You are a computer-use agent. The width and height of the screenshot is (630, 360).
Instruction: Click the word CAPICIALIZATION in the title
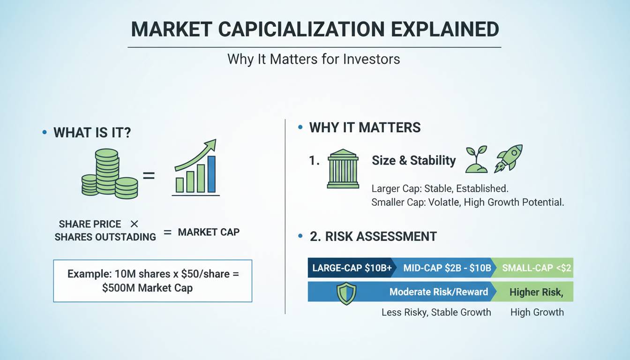301,29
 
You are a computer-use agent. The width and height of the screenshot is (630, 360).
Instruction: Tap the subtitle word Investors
372,59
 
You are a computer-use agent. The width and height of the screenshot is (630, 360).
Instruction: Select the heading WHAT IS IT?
92,133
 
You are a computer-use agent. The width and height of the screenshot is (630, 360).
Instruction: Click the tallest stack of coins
106,171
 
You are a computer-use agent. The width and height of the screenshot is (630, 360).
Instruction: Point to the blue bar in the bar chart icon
211,174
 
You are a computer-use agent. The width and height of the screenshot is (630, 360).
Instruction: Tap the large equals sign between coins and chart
149,176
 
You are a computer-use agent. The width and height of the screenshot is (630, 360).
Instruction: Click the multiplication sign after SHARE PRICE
135,224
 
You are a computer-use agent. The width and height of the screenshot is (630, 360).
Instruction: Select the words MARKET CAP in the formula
209,232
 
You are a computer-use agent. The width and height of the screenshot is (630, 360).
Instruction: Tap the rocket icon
509,158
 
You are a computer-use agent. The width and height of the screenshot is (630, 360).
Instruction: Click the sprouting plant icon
476,159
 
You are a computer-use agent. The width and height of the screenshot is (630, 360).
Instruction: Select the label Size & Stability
414,160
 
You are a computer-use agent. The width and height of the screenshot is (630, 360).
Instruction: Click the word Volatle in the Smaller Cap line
444,202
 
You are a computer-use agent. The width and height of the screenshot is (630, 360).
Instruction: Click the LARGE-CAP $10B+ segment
352,268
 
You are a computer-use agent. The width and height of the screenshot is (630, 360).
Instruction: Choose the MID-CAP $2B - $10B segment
447,268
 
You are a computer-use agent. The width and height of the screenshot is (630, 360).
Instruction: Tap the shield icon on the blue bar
346,293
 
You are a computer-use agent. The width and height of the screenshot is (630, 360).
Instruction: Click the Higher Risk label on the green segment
536,292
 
